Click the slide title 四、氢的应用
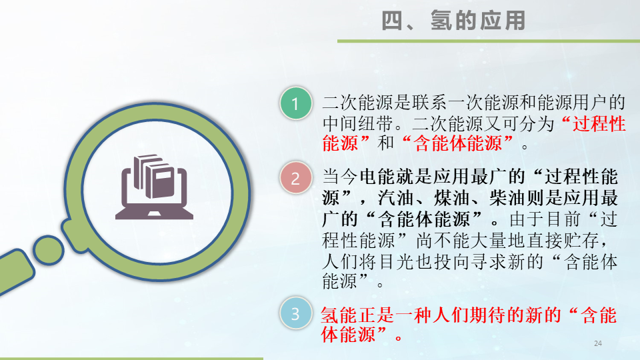[x=453, y=21]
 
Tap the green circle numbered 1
[x=295, y=103]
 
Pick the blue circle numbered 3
[x=295, y=314]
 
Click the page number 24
[x=597, y=343]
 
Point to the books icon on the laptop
[x=152, y=176]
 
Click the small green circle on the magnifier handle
[x=49, y=249]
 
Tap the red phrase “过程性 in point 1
[x=593, y=123]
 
